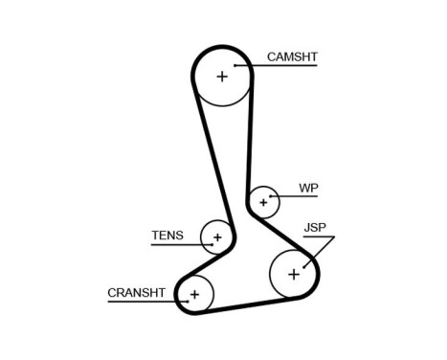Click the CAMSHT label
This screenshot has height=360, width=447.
(x=292, y=57)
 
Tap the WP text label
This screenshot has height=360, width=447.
(x=307, y=189)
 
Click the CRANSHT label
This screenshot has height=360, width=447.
(x=136, y=292)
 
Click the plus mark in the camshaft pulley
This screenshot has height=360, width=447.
(x=222, y=76)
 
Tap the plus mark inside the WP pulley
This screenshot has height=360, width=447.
(x=263, y=202)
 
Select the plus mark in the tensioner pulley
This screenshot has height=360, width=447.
(x=217, y=236)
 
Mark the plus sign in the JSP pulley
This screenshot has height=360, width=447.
(x=293, y=275)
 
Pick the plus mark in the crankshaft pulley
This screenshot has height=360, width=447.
(x=194, y=294)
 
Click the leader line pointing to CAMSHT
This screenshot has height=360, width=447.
(x=282, y=68)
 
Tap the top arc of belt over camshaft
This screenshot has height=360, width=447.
(x=222, y=46)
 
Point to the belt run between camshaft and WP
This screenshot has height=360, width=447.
(x=251, y=144)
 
